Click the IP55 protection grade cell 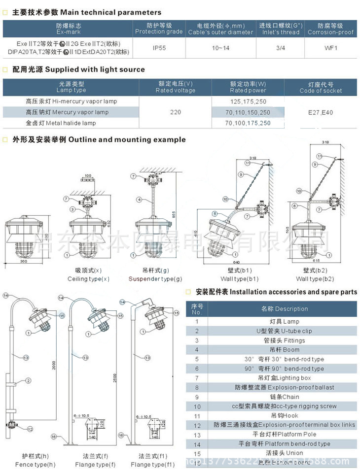159,48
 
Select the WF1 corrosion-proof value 330,48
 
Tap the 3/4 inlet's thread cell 279,48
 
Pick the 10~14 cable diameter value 220,48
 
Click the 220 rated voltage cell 175,112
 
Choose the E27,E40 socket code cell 321,112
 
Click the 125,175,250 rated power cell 248,102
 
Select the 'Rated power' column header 248,87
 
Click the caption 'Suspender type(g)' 155,279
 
